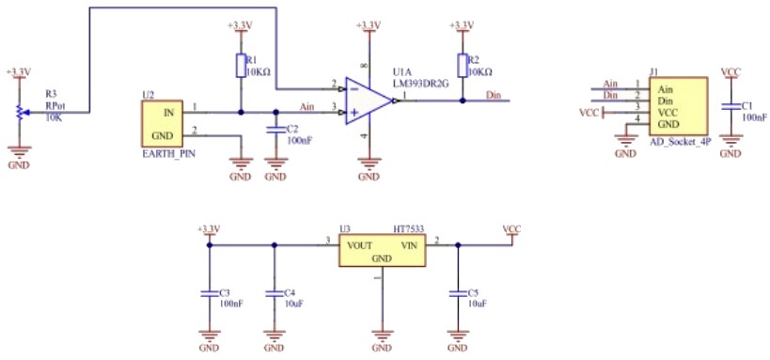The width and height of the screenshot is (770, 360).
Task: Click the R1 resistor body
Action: (241, 66)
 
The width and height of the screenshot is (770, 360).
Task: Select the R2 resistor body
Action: (463, 65)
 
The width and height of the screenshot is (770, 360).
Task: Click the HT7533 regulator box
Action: (382, 251)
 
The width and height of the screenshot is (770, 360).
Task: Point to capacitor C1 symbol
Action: (730, 108)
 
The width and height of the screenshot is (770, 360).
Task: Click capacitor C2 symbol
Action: (275, 130)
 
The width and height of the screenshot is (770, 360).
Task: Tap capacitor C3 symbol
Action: (209, 293)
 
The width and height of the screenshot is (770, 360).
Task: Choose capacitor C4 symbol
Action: (274, 293)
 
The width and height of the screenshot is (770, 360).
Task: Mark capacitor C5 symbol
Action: (458, 293)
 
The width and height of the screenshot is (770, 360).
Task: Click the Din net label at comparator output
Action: (494, 95)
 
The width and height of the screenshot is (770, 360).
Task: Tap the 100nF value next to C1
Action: (754, 118)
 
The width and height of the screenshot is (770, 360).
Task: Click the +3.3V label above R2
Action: (463, 24)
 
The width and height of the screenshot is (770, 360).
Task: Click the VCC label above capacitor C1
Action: (730, 70)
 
